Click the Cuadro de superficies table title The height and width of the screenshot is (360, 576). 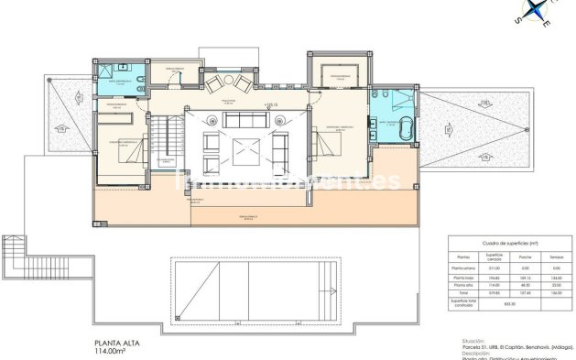tap(509, 241)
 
